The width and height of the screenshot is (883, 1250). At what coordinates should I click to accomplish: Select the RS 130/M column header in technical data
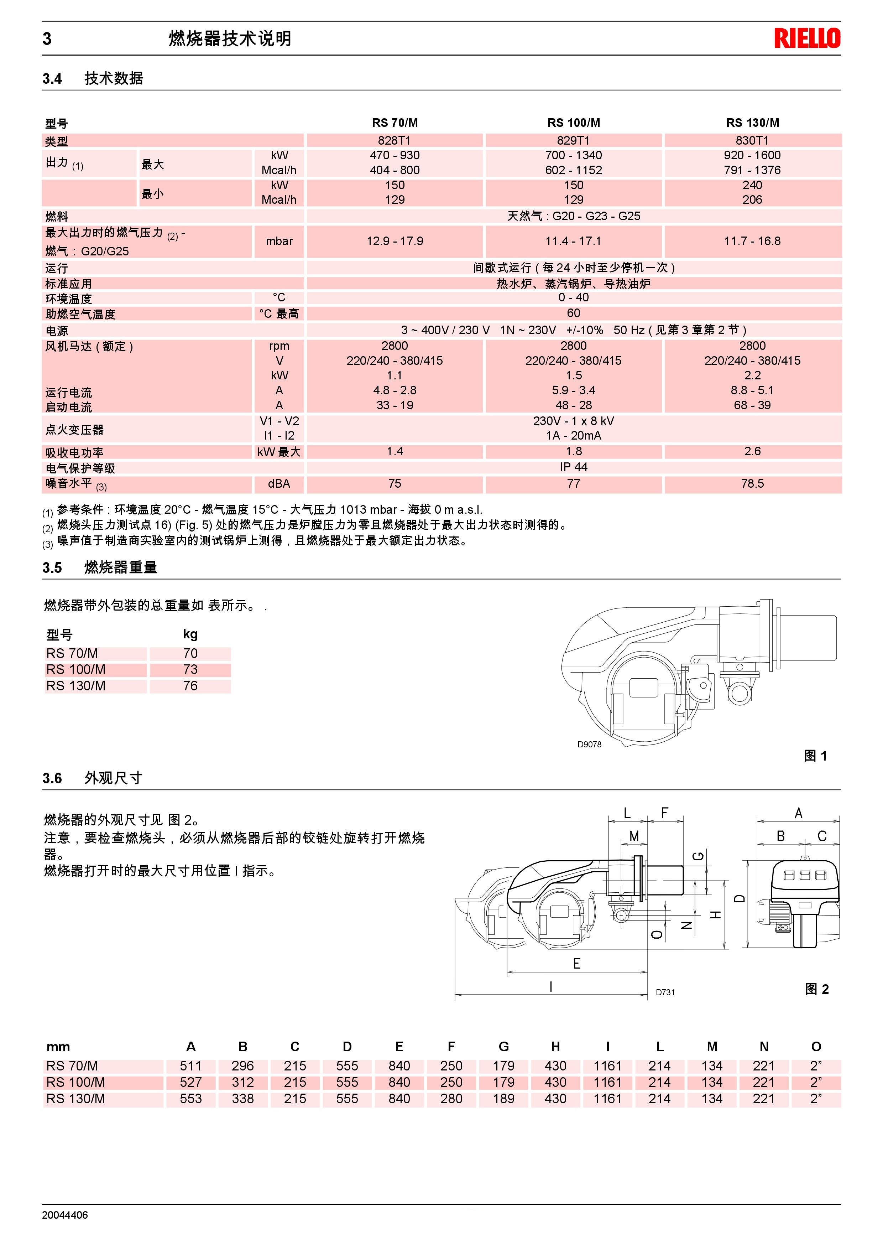pos(752,123)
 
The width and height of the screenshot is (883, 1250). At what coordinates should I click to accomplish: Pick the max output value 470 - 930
pos(395,155)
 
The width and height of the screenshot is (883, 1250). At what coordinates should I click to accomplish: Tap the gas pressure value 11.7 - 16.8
pos(752,241)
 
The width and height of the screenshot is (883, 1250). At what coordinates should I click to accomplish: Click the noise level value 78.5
pos(752,483)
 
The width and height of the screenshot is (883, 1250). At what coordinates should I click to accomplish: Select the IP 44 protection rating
pos(574,467)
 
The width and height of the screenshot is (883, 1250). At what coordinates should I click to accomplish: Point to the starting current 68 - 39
pos(752,405)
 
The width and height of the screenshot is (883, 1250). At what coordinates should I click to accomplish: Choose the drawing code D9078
pos(589,744)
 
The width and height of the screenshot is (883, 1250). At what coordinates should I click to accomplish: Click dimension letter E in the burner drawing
pos(577,964)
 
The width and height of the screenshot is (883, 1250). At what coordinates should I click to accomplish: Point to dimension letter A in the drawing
pos(798,813)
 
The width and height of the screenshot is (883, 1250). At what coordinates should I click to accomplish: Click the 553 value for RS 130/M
pos(190,1099)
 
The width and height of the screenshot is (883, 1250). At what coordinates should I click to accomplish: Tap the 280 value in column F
pos(451,1099)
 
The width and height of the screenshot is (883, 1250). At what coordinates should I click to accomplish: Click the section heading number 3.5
pos(52,568)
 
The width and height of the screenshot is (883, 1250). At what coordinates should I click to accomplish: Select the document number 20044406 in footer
pos(65,1215)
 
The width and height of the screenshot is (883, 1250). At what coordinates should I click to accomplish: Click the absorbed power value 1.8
pos(574,451)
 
